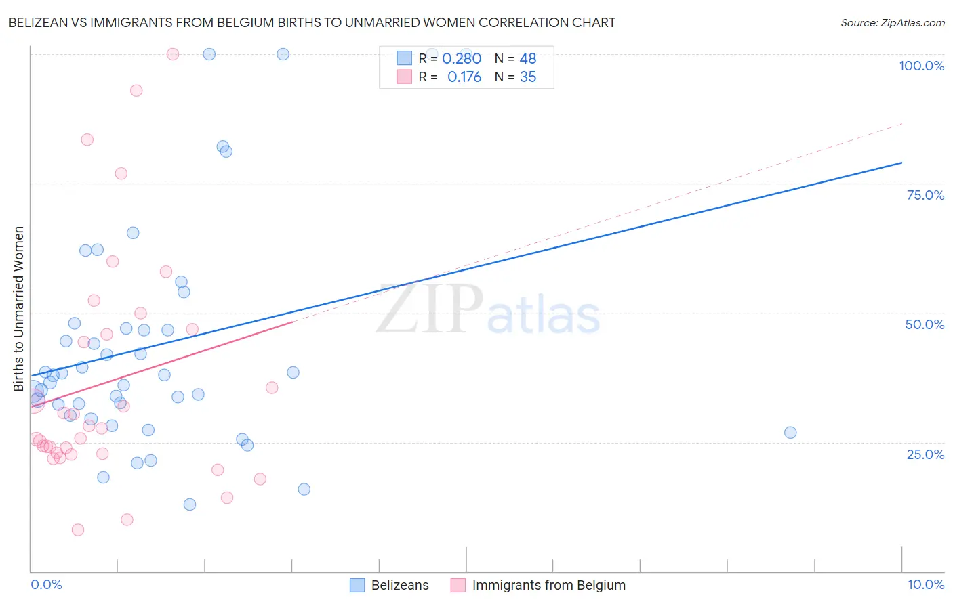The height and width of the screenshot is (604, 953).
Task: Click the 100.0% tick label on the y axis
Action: point(921,66)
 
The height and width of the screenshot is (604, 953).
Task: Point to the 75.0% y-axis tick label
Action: point(925,195)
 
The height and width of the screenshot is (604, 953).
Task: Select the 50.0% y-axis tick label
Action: point(925,324)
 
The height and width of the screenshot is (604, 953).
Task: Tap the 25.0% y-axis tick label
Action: point(925,454)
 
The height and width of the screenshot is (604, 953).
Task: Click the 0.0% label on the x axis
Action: point(46,584)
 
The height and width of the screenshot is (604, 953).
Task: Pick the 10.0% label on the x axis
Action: point(925,584)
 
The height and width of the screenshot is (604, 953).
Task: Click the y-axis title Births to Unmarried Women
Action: point(18,309)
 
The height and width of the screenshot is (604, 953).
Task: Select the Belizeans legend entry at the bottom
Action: point(400,585)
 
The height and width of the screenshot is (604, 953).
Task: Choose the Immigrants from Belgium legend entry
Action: point(548,585)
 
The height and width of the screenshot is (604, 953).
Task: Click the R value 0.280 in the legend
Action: point(462,59)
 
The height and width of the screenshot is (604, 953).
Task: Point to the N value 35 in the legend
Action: point(528,77)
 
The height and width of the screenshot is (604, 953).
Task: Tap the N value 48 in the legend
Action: point(528,59)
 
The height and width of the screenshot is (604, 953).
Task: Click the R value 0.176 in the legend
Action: point(464,77)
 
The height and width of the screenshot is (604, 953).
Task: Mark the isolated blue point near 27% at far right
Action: point(790,433)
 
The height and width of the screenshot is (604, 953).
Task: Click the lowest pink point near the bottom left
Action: point(78,530)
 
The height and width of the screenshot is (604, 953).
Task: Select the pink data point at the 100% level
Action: point(173,54)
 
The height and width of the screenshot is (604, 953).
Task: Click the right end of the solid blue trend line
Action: point(901,163)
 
